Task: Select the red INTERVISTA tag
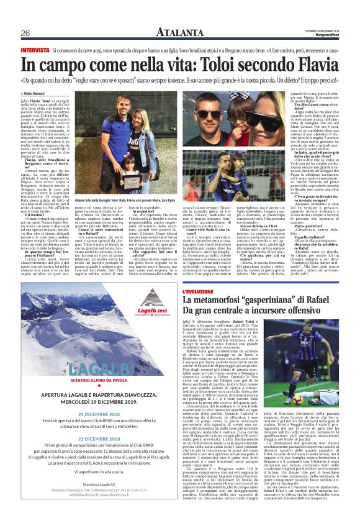click(35, 48)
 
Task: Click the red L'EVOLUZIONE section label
click(198, 291)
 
